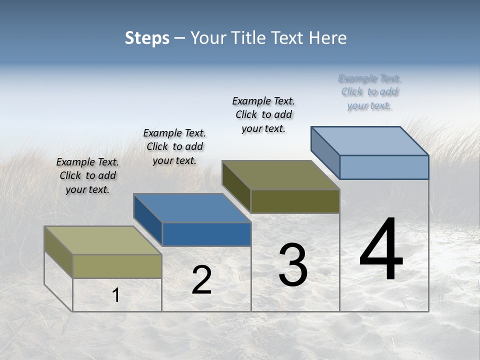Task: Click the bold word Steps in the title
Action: (x=147, y=38)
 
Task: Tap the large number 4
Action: (x=381, y=249)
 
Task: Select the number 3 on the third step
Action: (x=293, y=265)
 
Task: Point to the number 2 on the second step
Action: (x=201, y=280)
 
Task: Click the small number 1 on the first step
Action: (x=116, y=295)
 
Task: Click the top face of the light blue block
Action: (x=369, y=140)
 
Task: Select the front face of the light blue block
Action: (x=384, y=167)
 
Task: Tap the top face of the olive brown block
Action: (x=280, y=174)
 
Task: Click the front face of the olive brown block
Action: (x=295, y=201)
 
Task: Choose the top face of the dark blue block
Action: (x=192, y=207)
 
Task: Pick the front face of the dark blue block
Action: (x=206, y=234)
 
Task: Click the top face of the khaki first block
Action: (x=103, y=240)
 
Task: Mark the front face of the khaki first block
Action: (x=117, y=266)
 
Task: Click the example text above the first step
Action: (x=87, y=175)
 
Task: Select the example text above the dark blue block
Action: (x=174, y=146)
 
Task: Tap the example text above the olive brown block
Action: (x=263, y=114)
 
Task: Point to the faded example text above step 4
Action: (x=369, y=92)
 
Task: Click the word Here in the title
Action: (x=328, y=38)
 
